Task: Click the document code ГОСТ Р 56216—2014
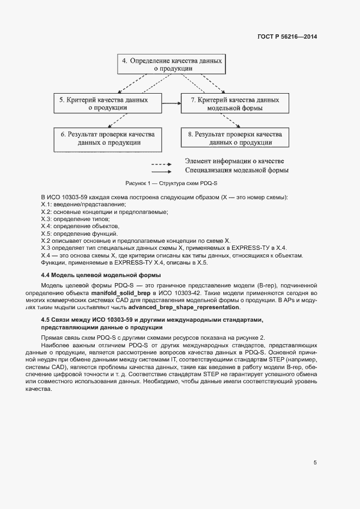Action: (x=288, y=37)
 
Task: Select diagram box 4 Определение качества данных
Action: (x=172, y=65)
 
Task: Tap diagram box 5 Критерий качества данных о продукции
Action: (x=107, y=103)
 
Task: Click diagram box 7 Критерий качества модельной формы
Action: (x=235, y=103)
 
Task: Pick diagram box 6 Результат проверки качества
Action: (x=107, y=138)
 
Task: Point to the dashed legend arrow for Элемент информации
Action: (x=162, y=163)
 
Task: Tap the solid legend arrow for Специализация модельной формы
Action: (x=162, y=171)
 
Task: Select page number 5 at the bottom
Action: (x=315, y=462)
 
